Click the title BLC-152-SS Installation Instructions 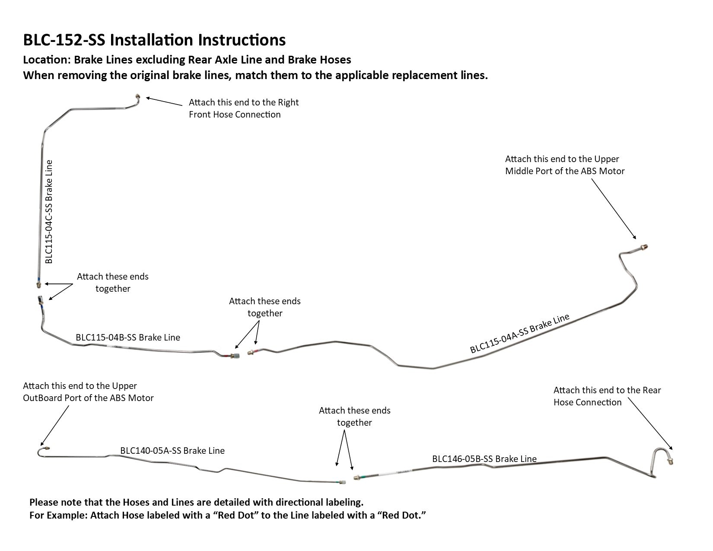[154, 40]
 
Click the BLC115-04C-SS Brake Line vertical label [49, 212]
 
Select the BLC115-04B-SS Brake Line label [128, 337]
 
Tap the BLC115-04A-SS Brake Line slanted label [520, 334]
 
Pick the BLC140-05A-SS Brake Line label [172, 451]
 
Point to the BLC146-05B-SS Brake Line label [484, 459]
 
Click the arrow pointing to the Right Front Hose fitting [164, 101]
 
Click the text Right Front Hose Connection [235, 115]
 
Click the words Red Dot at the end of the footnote [404, 515]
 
